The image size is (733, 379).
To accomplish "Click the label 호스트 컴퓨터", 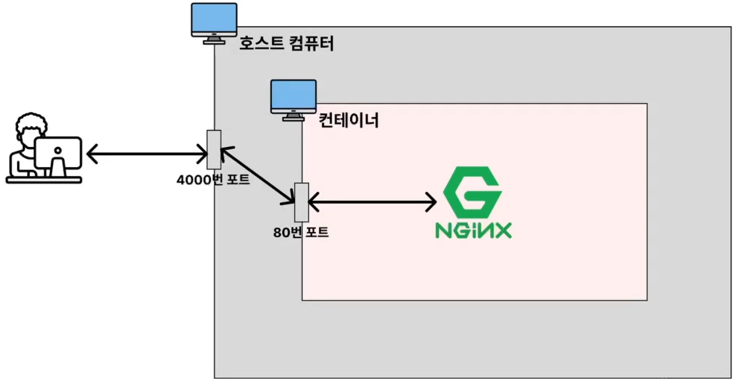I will point(286,44).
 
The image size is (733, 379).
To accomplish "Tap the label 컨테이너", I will point(349,119).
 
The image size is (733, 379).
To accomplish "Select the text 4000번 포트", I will point(213,180).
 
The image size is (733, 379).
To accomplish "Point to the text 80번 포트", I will point(301,232).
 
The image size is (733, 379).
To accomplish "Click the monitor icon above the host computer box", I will point(214,22).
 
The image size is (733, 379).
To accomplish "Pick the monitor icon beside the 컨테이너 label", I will point(293,98).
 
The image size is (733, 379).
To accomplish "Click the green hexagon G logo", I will point(472,192).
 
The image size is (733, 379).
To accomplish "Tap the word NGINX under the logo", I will point(473,229).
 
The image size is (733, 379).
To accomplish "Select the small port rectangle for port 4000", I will point(214,148).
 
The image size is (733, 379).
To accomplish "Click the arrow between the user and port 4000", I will point(147,155).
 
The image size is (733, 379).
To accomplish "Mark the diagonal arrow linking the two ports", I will point(257,175).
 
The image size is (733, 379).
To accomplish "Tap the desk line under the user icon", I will point(43,180).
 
